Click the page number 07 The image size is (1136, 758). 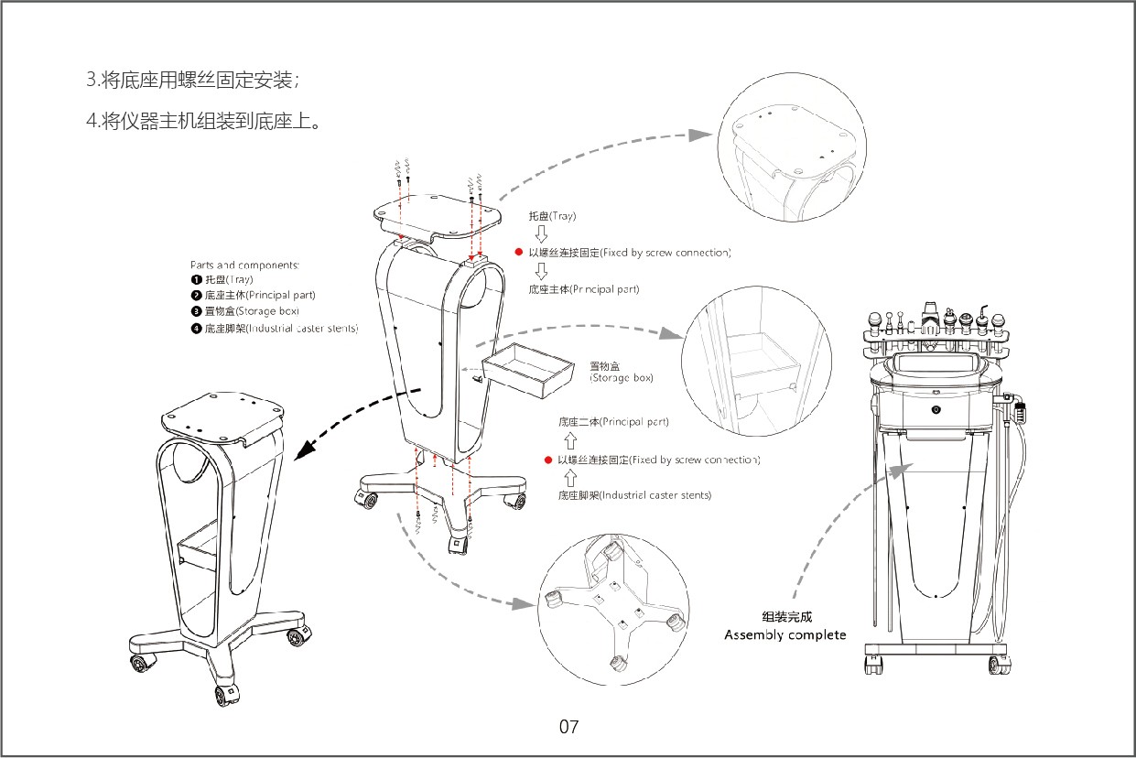(x=568, y=728)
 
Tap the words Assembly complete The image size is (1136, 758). (x=784, y=635)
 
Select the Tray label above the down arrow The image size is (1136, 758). (x=552, y=217)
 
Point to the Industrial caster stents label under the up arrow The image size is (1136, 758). (x=634, y=495)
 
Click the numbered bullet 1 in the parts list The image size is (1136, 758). (x=196, y=279)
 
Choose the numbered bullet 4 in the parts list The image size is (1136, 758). (x=196, y=328)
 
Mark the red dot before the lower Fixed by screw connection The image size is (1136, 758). (x=547, y=460)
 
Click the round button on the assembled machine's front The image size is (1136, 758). (x=936, y=409)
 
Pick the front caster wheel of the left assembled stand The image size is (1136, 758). (x=223, y=695)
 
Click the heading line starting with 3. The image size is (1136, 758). (x=192, y=81)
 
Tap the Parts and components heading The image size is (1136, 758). (x=244, y=265)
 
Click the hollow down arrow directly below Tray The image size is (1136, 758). (x=541, y=233)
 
